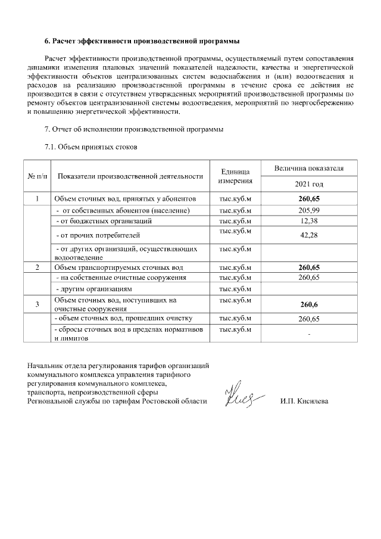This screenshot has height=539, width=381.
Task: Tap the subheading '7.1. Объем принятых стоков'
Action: point(91,147)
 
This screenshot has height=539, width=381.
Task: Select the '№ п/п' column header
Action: point(37,176)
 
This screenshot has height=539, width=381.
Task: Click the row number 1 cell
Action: point(37,199)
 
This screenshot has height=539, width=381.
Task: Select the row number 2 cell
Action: point(37,267)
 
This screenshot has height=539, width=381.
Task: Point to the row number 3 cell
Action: point(37,305)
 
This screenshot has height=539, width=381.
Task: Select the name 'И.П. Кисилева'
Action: point(304,401)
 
